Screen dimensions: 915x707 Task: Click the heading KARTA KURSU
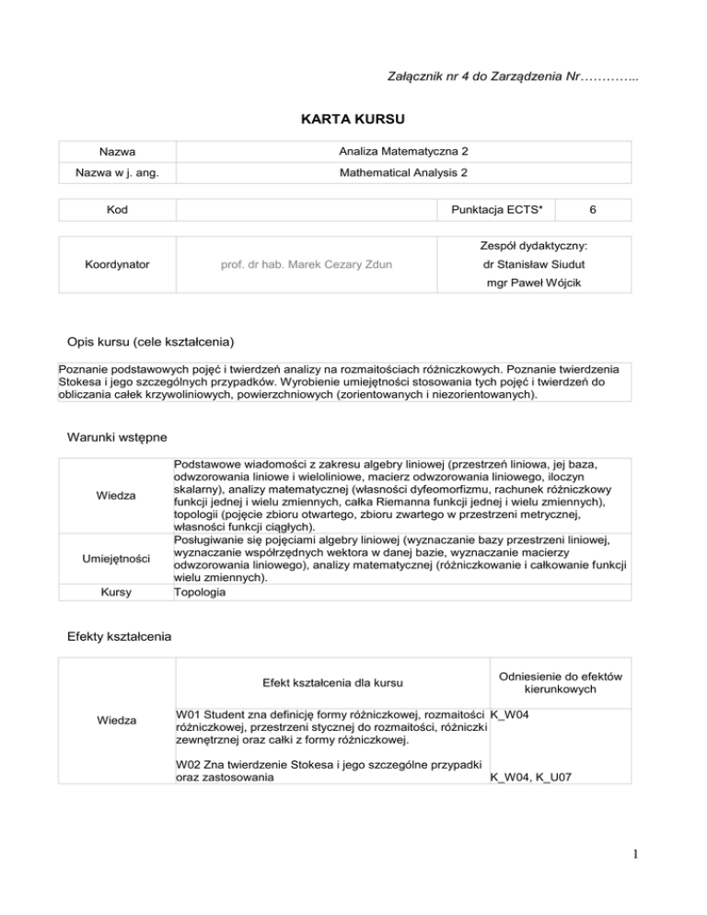click(353, 120)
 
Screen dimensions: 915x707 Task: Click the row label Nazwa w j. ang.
click(115, 172)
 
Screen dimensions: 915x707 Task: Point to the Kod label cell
click(115, 210)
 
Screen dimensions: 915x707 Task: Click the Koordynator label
click(115, 265)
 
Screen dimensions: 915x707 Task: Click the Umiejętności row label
click(115, 559)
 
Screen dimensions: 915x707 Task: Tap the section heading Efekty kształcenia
click(117, 635)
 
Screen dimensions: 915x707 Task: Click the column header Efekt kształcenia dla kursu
click(330, 683)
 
